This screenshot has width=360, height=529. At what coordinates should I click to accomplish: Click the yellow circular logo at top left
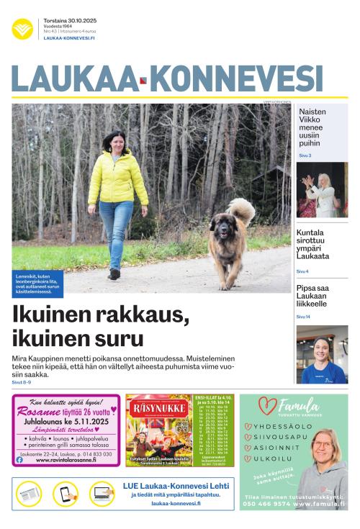tap(22, 29)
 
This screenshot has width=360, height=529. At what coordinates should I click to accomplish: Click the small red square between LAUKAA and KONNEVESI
tap(143, 81)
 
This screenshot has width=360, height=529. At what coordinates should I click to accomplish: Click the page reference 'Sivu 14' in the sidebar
tap(303, 317)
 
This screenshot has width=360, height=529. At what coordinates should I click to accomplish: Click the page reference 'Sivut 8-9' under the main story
tap(22, 382)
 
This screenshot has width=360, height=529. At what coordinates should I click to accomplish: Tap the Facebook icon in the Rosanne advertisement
tap(19, 460)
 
